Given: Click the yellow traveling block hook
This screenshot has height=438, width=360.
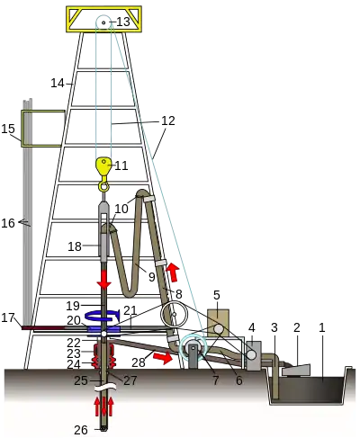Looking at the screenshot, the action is click(x=103, y=167).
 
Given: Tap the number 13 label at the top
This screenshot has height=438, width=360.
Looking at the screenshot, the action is click(x=122, y=22).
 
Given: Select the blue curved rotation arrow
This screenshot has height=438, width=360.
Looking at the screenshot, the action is click(x=103, y=316).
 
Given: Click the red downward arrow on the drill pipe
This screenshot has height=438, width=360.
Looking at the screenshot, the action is click(x=104, y=279).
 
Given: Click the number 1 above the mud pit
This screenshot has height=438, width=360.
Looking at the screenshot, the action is click(x=322, y=327).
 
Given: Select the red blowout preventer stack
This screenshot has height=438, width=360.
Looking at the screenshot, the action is click(x=104, y=356).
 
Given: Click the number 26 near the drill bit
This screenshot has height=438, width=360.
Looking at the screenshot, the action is click(x=81, y=430).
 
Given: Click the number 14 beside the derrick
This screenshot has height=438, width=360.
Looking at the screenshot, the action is click(x=58, y=83).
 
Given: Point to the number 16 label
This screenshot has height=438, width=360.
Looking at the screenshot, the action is click(x=8, y=223).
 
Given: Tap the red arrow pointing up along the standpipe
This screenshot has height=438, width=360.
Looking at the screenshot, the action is click(x=173, y=272).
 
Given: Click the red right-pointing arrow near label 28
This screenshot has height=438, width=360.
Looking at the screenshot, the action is click(x=163, y=358).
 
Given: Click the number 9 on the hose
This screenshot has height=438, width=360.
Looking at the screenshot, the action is click(x=152, y=277).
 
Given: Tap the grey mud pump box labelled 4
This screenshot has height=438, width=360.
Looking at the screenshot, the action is click(x=254, y=356).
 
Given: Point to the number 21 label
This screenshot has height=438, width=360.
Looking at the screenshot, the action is click(x=130, y=310).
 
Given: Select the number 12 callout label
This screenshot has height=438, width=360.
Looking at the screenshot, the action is click(x=168, y=121).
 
